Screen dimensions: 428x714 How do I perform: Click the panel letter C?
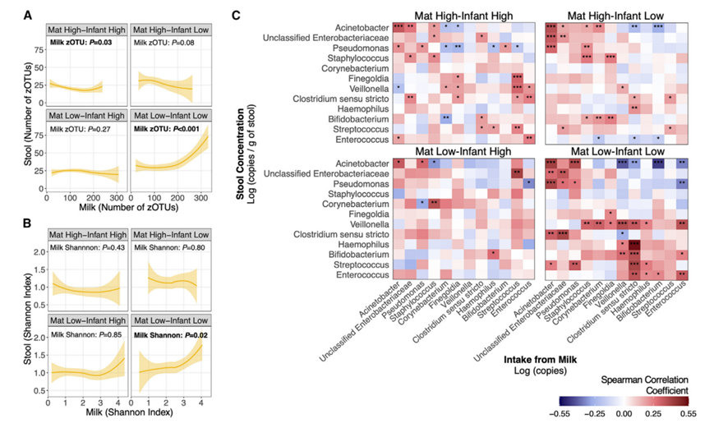click(x=237, y=15)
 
